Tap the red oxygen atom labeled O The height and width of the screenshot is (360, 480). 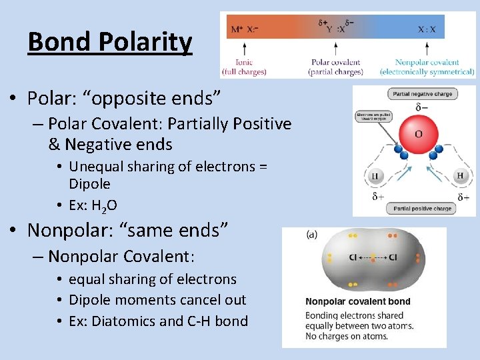[x=418, y=133]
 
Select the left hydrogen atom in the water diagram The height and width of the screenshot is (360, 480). [x=375, y=176]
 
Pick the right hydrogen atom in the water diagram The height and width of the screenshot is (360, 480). [x=460, y=176]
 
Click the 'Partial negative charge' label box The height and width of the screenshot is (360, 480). [x=421, y=94]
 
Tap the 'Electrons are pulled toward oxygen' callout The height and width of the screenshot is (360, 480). [x=373, y=117]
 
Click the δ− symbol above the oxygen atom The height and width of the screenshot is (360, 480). [x=421, y=107]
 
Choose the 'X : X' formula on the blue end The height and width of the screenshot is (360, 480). [x=427, y=29]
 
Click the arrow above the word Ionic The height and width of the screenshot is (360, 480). [x=245, y=49]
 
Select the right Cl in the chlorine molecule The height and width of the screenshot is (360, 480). [x=394, y=257]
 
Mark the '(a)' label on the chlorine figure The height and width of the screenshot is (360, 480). [x=311, y=235]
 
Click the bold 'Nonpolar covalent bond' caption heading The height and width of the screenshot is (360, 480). [x=358, y=301]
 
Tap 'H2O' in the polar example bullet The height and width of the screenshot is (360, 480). [x=105, y=205]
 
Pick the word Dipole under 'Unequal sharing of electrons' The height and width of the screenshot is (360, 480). [x=89, y=183]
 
